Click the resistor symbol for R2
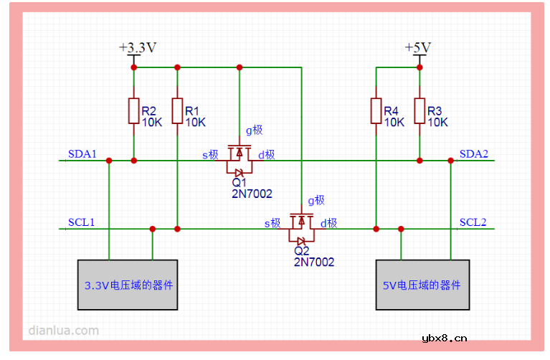133,111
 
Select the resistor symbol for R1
176,111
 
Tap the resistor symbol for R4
376,111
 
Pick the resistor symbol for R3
419,111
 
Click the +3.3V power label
138,47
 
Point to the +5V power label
418,47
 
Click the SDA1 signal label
82,154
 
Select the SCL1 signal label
82,222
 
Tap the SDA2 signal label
473,154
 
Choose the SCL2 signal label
473,222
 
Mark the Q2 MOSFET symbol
301,229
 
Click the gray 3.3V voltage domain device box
128,285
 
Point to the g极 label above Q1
254,130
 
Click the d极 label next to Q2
328,223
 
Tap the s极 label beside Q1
210,155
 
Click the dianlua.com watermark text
63,331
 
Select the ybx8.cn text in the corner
445,338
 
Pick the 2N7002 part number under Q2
313,262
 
